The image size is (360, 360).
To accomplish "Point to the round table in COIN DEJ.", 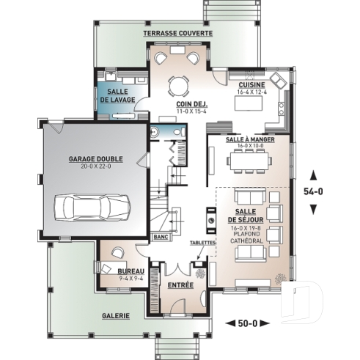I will pos(178,86).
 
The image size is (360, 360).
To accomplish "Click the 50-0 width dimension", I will pos(249,323).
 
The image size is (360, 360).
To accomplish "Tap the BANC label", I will pos(161,238).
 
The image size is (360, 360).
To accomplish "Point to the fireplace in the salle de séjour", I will pos(210,218).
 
